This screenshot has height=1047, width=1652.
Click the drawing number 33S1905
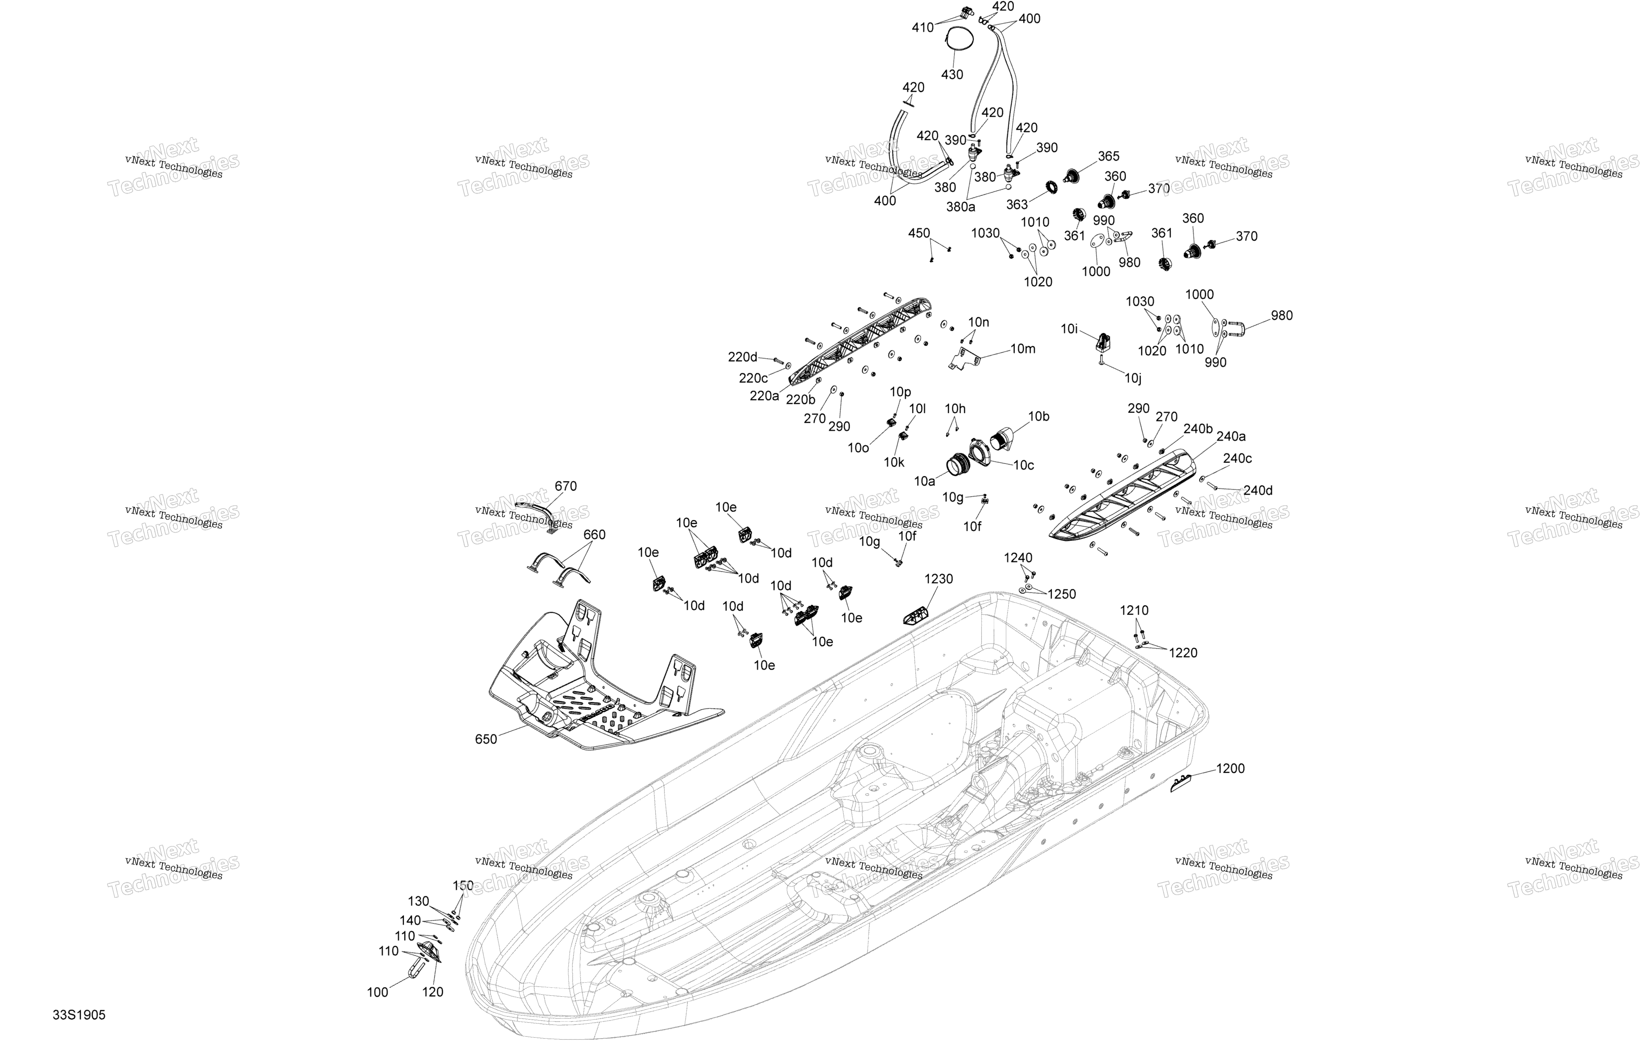click(79, 1015)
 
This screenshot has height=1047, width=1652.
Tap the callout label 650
click(486, 739)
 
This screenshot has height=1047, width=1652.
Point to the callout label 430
click(952, 74)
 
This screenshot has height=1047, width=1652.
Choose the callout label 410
click(923, 28)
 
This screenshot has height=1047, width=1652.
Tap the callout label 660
click(594, 535)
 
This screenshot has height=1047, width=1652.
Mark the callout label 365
click(1109, 156)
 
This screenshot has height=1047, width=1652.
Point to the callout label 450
click(919, 233)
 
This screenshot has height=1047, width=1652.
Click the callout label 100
click(377, 992)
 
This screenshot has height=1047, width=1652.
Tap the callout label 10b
click(1039, 416)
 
